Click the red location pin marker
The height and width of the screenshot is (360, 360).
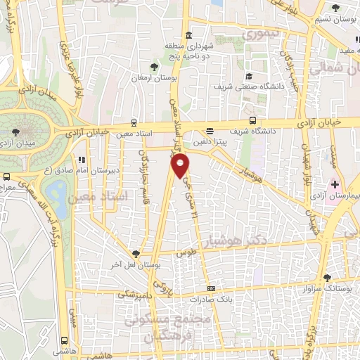(x=181, y=166)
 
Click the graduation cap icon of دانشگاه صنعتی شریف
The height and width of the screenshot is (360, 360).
(x=248, y=77)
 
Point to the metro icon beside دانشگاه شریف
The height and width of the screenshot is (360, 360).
(x=210, y=130)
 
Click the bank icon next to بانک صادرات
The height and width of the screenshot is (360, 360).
(x=210, y=289)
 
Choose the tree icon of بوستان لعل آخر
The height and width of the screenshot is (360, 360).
(x=136, y=254)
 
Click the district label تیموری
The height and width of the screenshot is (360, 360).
(x=261, y=33)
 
